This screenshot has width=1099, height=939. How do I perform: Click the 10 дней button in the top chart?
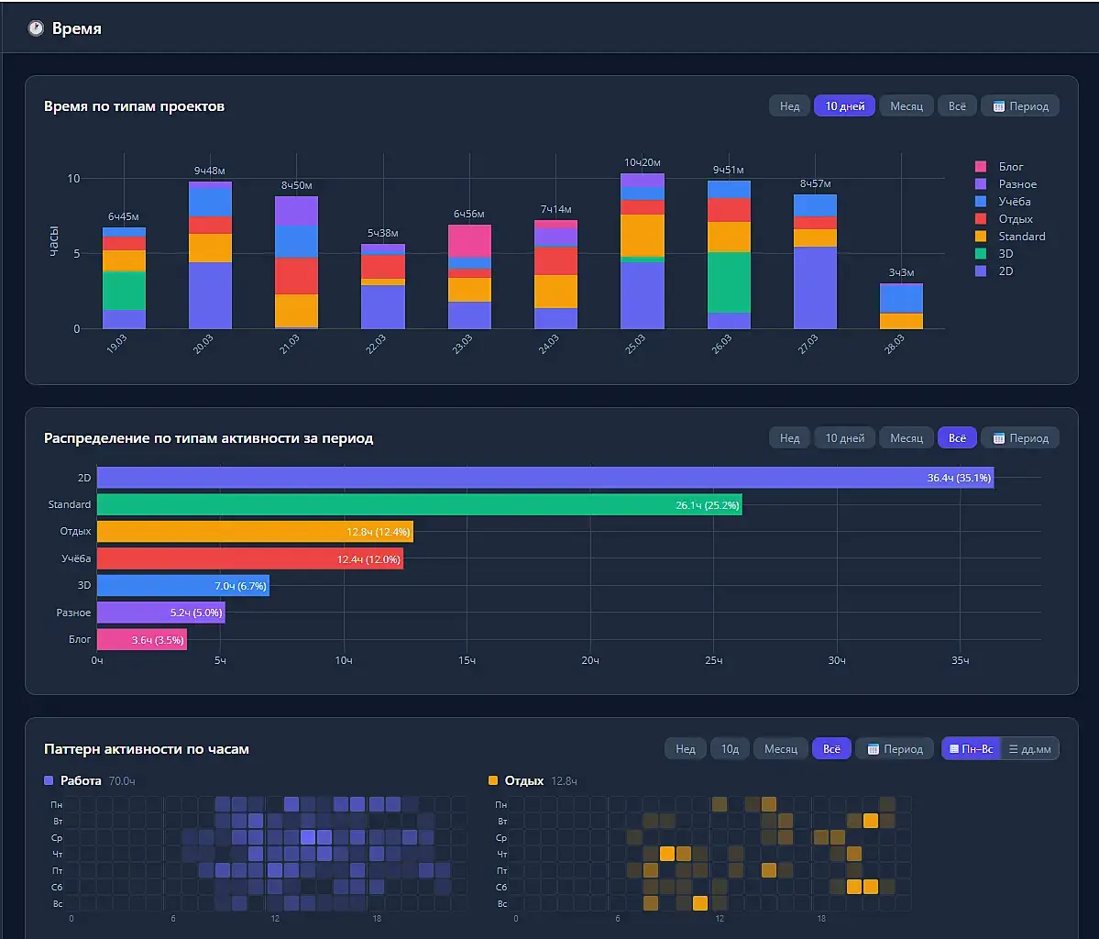844,105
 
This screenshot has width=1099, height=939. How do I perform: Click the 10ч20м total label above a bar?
643,162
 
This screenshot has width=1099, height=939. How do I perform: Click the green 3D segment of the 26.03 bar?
729,282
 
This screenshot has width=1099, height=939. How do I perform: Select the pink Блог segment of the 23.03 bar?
469,240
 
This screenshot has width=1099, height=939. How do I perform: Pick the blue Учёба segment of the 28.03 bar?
901,299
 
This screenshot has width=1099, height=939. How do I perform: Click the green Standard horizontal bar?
419,504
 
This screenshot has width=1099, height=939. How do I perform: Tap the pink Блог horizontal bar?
141,639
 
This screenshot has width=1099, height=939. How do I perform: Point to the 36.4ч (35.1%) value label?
959,478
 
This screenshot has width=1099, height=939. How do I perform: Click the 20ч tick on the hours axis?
589,660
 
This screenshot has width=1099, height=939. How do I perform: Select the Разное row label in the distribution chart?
73,613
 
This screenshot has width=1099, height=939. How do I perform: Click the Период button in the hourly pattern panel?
894,749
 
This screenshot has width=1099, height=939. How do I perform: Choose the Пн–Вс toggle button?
971,749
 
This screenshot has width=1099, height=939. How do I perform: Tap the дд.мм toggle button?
1030,749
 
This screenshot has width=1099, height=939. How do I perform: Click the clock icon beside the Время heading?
36,28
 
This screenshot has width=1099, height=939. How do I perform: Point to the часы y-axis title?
53,240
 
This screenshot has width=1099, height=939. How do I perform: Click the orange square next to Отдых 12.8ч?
493,780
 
